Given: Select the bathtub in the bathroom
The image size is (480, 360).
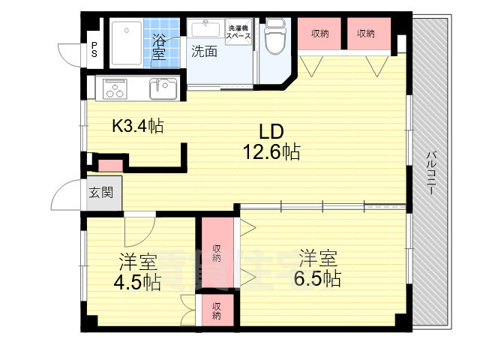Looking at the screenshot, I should click(130, 44).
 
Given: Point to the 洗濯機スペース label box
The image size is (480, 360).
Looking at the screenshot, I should click(239, 31).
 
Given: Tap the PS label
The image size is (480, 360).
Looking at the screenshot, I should click(94, 49).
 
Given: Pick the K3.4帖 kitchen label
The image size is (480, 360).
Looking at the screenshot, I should click(138, 126).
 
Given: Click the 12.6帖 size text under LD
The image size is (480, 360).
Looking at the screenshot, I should click(271, 153).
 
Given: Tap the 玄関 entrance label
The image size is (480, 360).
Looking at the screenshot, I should click(101, 193).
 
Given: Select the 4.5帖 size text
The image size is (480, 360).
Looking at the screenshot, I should click(138, 282).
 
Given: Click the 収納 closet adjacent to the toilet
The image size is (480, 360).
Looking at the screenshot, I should click(319, 34).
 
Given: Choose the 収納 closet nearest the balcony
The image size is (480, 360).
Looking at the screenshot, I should click(366, 34).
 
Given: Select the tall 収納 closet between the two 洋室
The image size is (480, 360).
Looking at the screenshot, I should click(216, 253).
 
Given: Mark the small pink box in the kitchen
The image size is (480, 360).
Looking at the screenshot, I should click(109, 165).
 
